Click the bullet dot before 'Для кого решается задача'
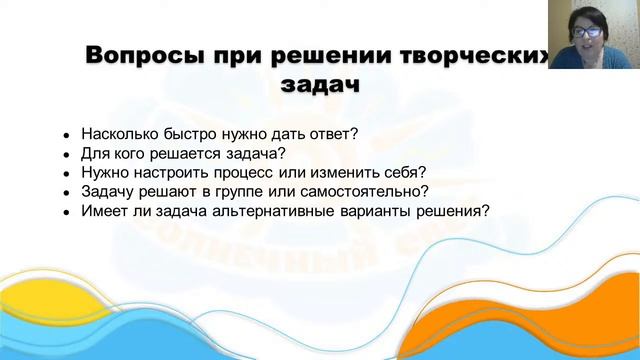66,154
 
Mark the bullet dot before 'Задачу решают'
66,192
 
